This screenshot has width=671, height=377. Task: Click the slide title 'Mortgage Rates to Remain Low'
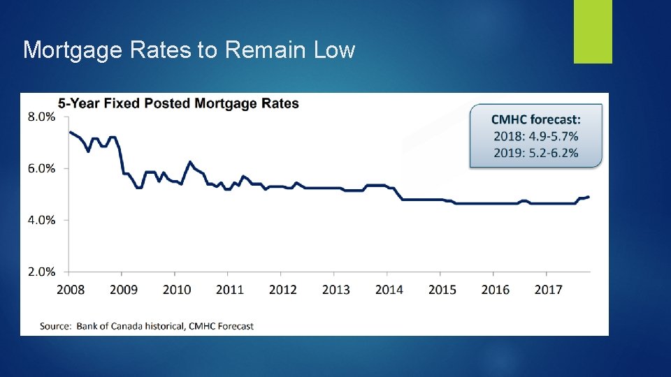[x=189, y=50]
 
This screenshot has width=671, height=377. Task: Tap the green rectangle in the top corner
[x=593, y=31]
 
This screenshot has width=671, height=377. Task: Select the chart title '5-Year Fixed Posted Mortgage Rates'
[x=178, y=104]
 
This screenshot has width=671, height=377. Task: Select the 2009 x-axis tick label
[x=123, y=289]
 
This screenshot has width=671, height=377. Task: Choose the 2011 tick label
[x=229, y=289]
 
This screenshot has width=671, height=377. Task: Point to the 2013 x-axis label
[x=335, y=289]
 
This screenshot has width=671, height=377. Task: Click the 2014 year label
[x=389, y=289]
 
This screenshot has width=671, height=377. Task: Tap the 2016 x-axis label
[x=495, y=289]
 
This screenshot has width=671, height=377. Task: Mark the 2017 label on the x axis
[x=548, y=289]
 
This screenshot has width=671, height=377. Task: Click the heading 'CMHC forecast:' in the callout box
[x=535, y=120]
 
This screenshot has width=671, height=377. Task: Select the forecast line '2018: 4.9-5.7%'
[x=535, y=136]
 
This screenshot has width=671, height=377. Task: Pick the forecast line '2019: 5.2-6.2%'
[x=535, y=153]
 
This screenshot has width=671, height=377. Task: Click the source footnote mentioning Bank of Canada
[x=147, y=325]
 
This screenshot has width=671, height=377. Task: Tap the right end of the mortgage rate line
[x=589, y=197]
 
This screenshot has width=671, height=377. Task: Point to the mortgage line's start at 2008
[x=70, y=132]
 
